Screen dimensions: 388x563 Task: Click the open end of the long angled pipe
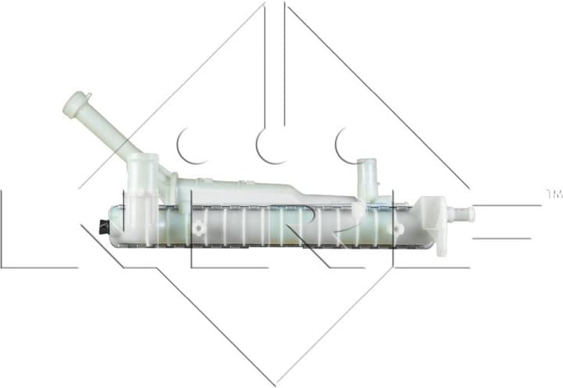[76, 100]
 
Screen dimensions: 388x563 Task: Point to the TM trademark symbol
[554, 192]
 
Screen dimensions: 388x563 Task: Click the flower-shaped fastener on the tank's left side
[200, 228]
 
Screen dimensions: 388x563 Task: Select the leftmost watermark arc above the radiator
[191, 146]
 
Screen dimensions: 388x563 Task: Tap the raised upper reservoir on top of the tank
[241, 191]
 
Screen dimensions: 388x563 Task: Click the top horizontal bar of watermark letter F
[505, 205]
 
